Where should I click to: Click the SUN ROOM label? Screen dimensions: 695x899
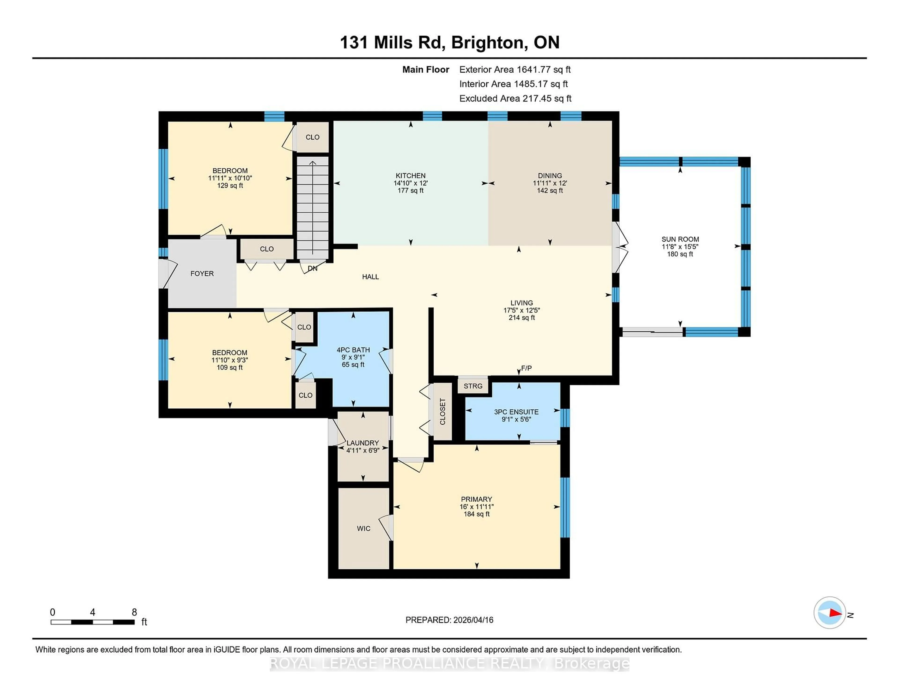click(x=680, y=239)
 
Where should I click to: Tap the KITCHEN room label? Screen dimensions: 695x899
click(x=410, y=175)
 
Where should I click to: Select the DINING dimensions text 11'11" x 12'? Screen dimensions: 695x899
click(x=549, y=183)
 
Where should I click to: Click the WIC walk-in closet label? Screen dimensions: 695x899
click(x=364, y=528)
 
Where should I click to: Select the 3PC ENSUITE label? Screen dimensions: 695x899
click(x=516, y=412)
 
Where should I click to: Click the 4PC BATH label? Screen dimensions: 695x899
click(x=353, y=350)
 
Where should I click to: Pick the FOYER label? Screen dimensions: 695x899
click(x=202, y=274)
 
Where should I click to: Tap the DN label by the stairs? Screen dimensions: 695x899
click(x=313, y=268)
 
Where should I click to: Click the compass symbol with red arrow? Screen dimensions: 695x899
click(x=829, y=613)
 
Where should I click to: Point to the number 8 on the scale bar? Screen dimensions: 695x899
click(x=134, y=612)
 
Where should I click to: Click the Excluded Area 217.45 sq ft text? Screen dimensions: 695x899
click(x=515, y=98)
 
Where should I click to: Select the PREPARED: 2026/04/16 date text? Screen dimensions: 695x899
click(x=449, y=620)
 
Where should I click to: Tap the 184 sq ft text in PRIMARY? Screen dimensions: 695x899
click(x=477, y=514)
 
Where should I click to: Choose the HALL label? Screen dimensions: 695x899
click(x=370, y=277)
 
